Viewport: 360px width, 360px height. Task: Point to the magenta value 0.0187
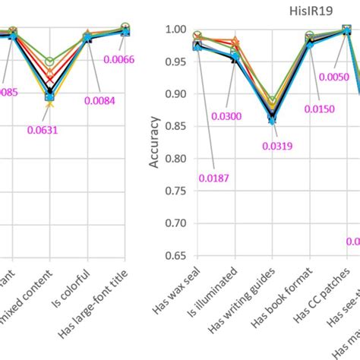215,178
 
